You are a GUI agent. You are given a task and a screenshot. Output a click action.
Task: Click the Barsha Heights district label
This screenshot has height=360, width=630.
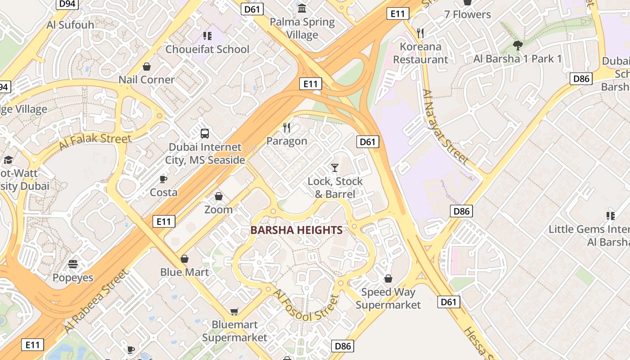tap(297, 230)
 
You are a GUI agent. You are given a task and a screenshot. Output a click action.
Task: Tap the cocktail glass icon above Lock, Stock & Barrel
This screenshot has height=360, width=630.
tap(334, 168)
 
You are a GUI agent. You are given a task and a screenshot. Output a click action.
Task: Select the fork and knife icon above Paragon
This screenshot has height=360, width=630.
tap(287, 128)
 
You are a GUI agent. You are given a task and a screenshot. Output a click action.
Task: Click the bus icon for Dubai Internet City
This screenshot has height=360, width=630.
tap(205, 133)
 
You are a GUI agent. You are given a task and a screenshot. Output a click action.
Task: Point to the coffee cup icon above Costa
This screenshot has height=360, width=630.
tap(163, 179)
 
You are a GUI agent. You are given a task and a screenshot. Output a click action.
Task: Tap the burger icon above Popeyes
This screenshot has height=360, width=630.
tap(73, 264)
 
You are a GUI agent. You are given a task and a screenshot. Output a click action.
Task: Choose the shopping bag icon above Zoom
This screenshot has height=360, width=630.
tap(219, 196)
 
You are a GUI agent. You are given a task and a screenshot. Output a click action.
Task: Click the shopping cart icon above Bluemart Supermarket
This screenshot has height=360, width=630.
tap(234, 311)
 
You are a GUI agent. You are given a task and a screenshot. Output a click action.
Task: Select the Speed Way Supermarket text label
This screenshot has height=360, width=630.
tap(388, 298)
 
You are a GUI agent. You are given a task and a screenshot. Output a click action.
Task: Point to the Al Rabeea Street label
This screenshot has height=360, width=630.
tap(96, 301)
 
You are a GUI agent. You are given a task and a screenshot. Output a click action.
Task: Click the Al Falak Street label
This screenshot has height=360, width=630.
tap(94, 142)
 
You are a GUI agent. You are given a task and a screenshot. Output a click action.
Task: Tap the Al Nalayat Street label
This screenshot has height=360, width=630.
tap(445, 126)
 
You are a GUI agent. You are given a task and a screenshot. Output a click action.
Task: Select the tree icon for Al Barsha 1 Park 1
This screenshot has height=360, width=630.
tap(517, 45)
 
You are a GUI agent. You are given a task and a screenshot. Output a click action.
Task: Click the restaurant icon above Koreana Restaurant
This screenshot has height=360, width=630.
tap(420, 33)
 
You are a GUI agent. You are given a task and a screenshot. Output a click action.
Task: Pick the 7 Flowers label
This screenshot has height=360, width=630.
tap(468, 14)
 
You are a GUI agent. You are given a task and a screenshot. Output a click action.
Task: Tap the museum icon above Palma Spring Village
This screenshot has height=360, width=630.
tap(302, 9)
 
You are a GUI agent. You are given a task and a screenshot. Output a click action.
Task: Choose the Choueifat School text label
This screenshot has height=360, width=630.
tap(207, 49)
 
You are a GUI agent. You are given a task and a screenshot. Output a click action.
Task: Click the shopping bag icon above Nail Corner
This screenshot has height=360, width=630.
tap(147, 67)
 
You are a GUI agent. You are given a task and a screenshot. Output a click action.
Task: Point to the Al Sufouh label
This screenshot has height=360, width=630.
tap(70, 24)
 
